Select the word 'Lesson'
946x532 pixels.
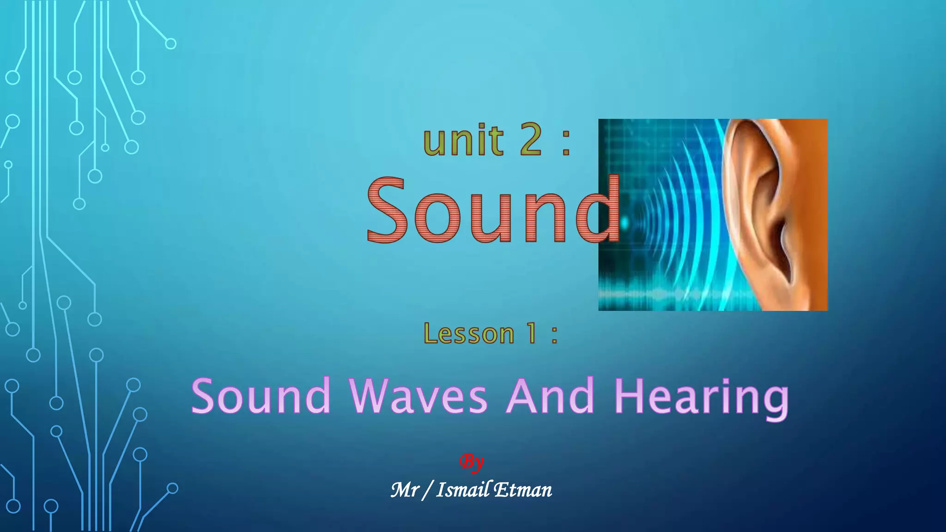click(x=469, y=333)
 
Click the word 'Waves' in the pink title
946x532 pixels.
click(x=418, y=396)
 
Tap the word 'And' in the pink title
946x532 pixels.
click(x=550, y=396)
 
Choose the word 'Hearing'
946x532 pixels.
click(x=701, y=397)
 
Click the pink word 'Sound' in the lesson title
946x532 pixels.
click(x=261, y=396)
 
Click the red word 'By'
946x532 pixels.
click(x=472, y=462)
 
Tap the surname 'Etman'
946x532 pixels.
click(x=523, y=490)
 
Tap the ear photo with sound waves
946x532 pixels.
click(x=713, y=215)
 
